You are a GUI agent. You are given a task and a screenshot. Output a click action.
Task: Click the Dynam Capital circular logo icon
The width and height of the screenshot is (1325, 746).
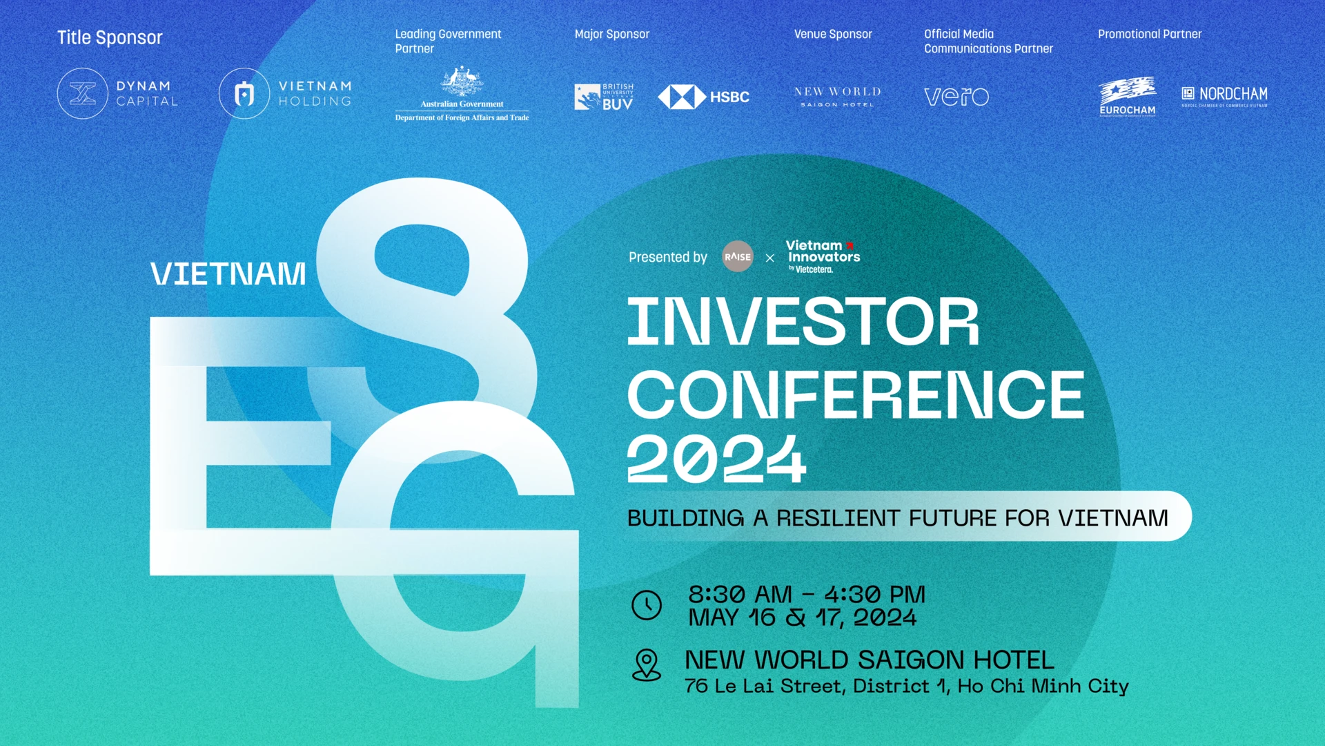tap(83, 93)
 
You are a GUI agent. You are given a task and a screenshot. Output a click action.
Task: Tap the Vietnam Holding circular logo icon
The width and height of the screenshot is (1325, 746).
tap(244, 93)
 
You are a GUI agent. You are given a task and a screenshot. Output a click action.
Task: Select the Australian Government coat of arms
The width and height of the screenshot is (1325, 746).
tap(462, 82)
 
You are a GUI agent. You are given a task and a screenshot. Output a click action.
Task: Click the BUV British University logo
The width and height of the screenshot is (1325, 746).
tap(604, 97)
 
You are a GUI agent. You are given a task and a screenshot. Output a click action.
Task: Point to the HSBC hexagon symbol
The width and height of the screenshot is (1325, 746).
tap(681, 97)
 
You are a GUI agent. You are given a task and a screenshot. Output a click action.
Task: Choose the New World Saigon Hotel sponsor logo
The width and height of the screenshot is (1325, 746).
tap(837, 97)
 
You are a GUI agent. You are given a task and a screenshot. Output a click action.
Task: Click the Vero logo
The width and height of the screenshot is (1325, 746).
tap(956, 97)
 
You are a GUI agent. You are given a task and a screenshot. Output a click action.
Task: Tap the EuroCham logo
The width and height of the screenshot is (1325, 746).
tap(1128, 97)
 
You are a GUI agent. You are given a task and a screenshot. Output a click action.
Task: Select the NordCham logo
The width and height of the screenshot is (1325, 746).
tap(1225, 95)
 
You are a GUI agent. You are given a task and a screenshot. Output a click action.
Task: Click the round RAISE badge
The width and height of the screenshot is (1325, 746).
tap(738, 256)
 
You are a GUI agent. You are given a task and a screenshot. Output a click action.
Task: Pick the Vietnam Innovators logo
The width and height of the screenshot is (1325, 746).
tap(823, 256)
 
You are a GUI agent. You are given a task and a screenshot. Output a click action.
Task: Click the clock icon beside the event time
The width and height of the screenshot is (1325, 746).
tap(647, 605)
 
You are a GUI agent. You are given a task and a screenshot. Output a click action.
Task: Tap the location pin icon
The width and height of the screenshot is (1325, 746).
tap(647, 664)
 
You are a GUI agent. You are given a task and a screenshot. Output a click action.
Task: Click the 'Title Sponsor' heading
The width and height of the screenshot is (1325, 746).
tap(110, 37)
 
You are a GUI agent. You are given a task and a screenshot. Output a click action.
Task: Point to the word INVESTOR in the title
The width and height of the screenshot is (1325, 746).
tap(803, 322)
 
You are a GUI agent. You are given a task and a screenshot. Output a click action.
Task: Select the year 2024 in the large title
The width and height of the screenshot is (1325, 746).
tap(716, 459)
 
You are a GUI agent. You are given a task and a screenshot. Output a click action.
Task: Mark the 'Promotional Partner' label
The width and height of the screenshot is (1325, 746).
tap(1150, 34)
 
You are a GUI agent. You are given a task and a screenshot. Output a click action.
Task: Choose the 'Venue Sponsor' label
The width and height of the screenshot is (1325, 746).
tap(833, 34)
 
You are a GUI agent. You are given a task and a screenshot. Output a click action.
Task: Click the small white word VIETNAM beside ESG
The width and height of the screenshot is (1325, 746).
tap(228, 274)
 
